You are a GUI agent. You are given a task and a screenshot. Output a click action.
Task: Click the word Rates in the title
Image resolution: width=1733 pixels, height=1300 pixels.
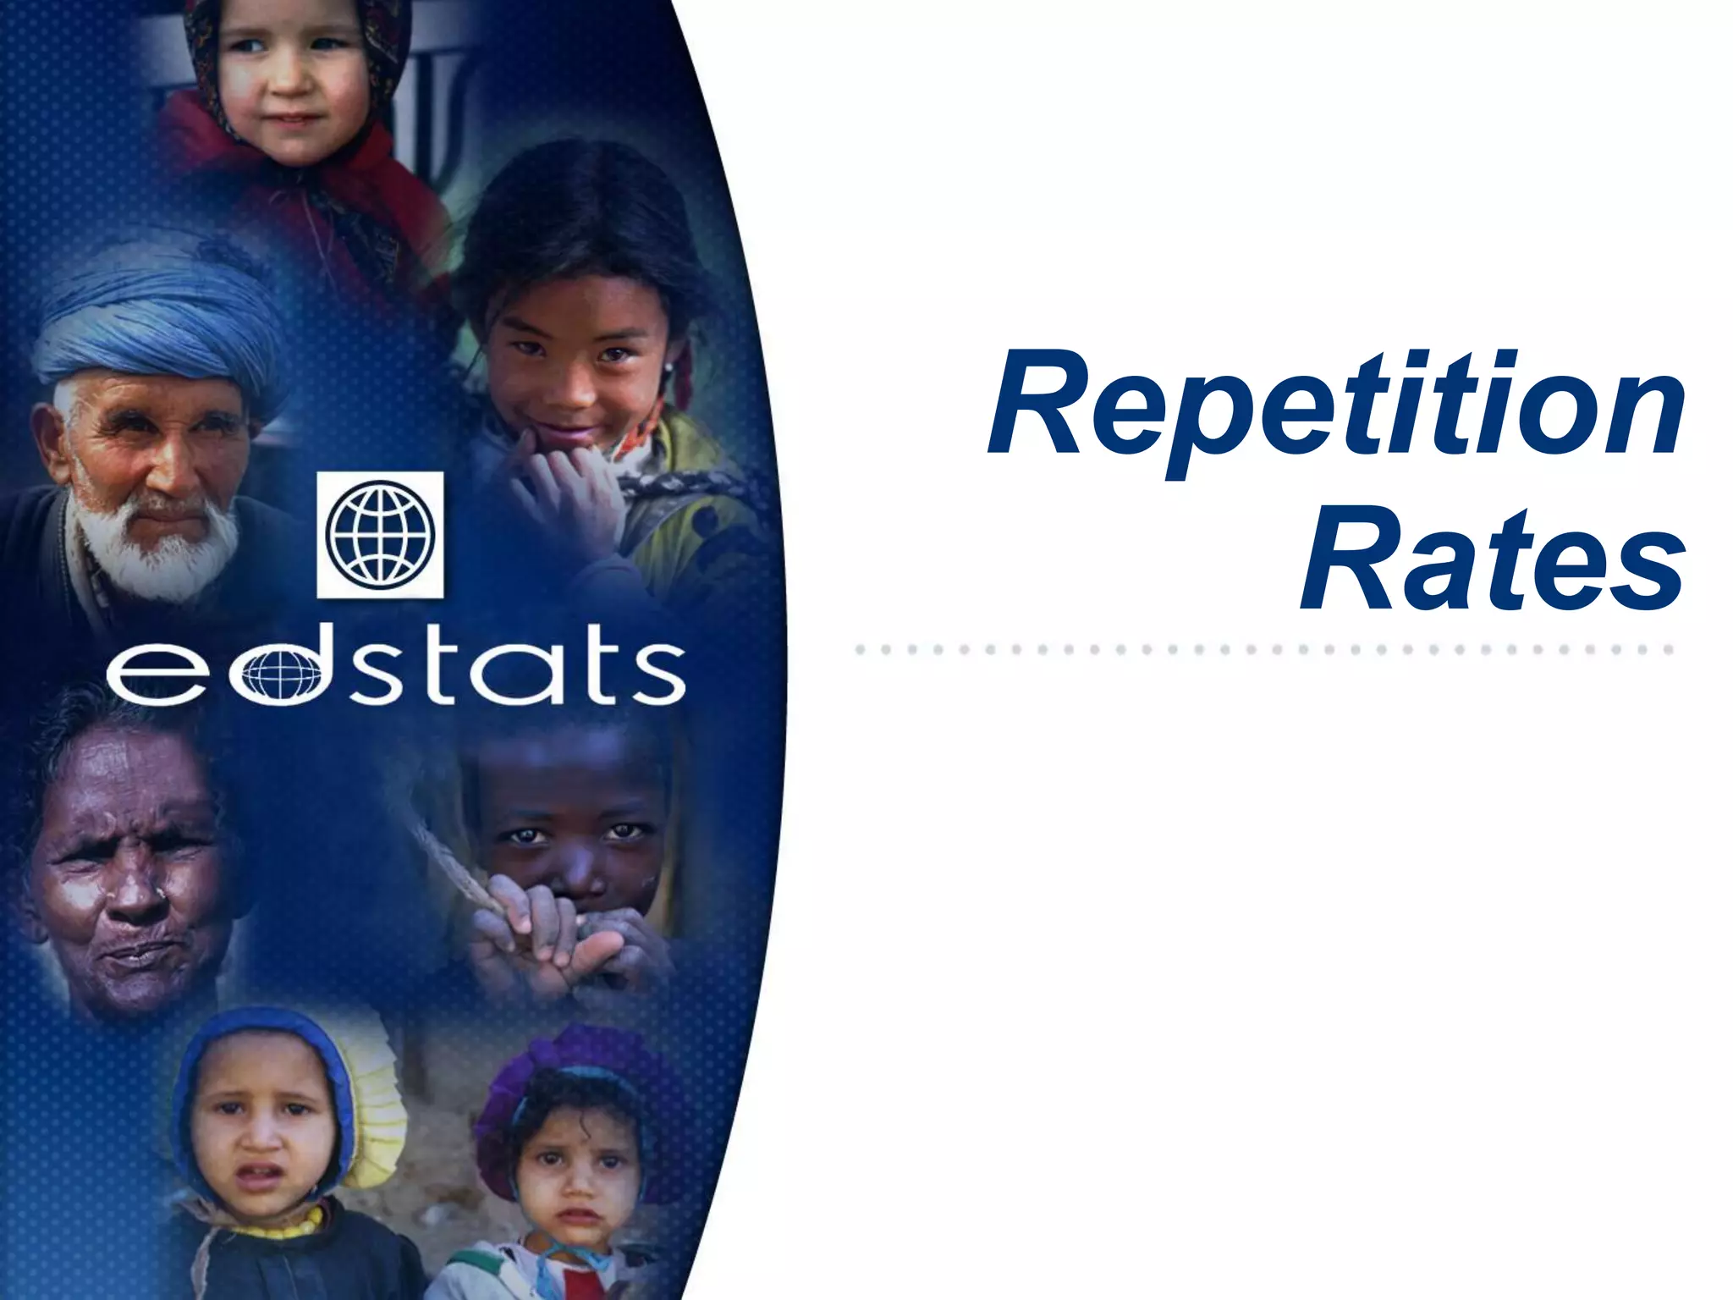point(1493,557)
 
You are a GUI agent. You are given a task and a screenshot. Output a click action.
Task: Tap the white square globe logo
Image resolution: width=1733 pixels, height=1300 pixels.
point(380,535)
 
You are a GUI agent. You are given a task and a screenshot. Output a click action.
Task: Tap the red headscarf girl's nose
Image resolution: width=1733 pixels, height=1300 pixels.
point(292,85)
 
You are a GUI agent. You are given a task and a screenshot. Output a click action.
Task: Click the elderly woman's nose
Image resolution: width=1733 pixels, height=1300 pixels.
point(135,897)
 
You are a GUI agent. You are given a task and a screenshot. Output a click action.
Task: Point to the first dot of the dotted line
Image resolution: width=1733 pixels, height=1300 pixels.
point(860,650)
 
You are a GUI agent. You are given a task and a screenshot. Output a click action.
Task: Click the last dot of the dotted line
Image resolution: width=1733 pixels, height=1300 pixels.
point(1669,650)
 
